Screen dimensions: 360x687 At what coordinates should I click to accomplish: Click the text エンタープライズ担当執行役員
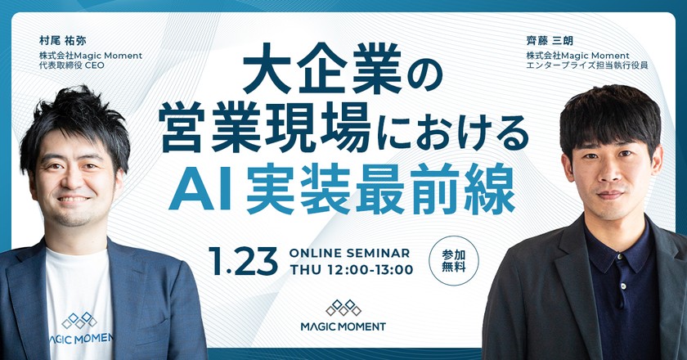tap(587, 66)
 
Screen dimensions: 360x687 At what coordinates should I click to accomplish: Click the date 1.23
tap(245, 260)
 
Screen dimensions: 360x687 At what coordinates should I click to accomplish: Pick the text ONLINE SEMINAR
tap(350, 253)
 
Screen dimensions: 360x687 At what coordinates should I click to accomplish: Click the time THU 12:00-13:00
tap(351, 269)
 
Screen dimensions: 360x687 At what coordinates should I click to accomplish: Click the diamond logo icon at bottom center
tap(343, 307)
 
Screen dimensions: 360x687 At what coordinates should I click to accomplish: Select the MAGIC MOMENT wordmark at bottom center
tap(343, 326)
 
